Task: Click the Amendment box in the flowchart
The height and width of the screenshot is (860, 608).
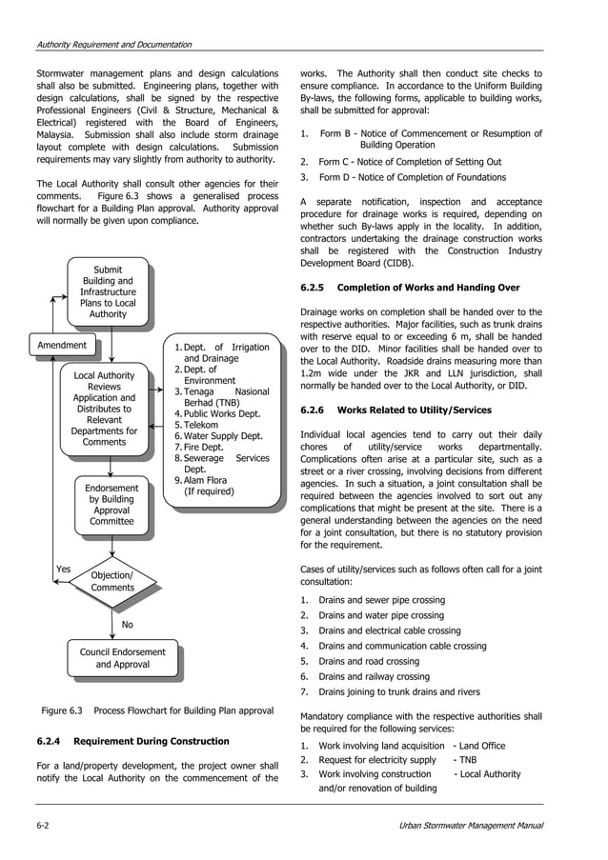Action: point(62,345)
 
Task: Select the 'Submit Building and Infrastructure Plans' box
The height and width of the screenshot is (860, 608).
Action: point(108,291)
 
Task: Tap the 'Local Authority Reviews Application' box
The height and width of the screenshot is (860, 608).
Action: point(105,409)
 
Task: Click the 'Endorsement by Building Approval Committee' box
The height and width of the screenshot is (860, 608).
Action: point(111,505)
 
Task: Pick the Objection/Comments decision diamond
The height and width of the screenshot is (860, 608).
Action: point(111,581)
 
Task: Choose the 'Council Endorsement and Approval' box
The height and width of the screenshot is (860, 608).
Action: point(122,658)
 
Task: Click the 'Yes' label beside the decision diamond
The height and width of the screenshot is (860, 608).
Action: point(63,570)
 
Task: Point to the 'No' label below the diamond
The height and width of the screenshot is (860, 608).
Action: point(128,625)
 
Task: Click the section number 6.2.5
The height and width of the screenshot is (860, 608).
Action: point(313,288)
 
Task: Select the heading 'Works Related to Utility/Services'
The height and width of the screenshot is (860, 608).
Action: point(415,410)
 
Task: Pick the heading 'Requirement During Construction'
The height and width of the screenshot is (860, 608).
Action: point(151,741)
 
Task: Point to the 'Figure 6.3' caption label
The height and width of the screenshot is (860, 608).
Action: point(62,710)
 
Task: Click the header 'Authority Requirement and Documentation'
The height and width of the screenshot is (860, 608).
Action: point(113,45)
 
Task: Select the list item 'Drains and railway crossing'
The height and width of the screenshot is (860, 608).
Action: point(374,677)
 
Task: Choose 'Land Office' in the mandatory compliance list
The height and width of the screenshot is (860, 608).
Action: point(481,746)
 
